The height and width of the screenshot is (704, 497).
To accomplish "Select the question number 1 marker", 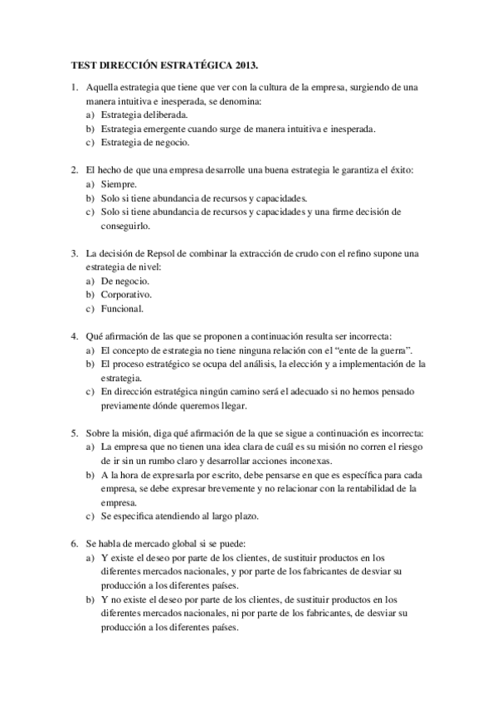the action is pyautogui.click(x=74, y=87).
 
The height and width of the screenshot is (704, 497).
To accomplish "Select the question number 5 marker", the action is pyautogui.click(x=74, y=433).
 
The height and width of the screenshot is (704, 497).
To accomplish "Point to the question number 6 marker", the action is pyautogui.click(x=74, y=543).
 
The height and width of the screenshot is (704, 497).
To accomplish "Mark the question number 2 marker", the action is pyautogui.click(x=74, y=170).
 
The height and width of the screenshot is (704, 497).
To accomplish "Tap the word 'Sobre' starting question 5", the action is pyautogui.click(x=99, y=433).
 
